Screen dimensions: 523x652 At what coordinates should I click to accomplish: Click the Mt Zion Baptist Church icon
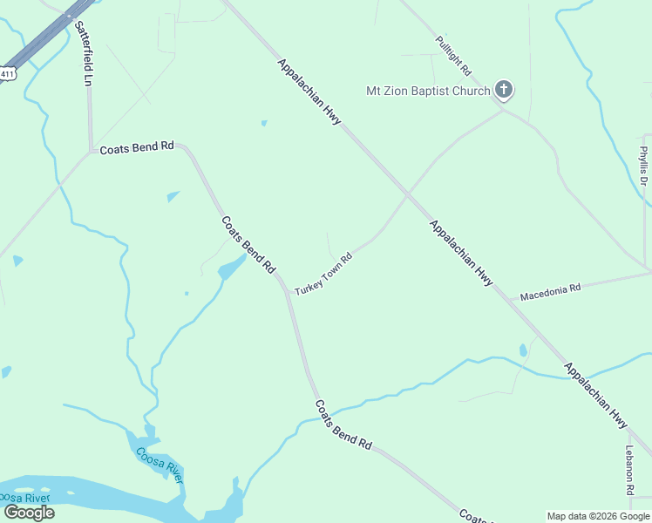point(503,89)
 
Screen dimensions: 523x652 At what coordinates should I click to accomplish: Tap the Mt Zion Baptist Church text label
point(427,91)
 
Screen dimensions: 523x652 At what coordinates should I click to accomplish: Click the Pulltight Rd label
point(453,55)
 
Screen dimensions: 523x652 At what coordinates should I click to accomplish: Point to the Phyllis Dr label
point(643,166)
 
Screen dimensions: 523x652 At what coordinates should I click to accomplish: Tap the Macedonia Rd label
point(550,292)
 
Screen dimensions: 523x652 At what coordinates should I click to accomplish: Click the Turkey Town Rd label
point(323,275)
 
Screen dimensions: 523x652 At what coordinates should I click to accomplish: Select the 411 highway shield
point(7,74)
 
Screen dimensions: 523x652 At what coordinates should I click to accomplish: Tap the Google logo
point(29,513)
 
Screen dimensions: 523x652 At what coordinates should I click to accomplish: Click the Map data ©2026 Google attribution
point(599,516)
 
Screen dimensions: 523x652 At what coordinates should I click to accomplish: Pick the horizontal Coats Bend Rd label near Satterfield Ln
point(137,148)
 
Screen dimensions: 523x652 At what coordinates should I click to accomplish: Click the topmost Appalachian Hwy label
point(309,92)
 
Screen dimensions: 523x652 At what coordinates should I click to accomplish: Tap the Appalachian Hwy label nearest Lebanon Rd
point(596,395)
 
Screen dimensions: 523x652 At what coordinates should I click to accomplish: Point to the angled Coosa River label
point(160,465)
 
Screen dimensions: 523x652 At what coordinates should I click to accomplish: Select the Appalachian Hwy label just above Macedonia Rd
point(461,254)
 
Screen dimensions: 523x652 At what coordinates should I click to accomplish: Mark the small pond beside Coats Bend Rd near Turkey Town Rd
point(232,268)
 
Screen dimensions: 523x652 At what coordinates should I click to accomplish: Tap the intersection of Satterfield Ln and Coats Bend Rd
point(91,151)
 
